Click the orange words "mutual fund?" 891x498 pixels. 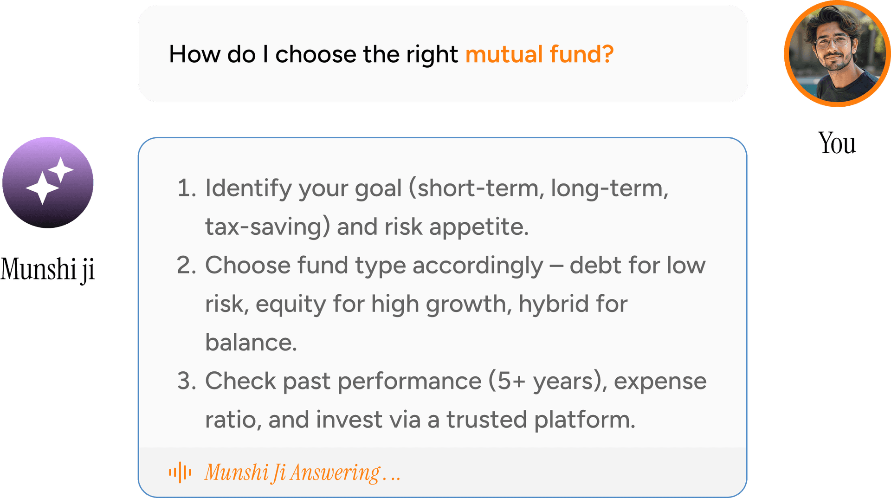[539, 54]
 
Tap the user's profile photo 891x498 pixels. [837, 54]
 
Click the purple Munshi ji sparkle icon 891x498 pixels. [48, 182]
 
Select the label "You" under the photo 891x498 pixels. [837, 143]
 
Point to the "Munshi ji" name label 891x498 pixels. [48, 269]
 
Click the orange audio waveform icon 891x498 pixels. [180, 472]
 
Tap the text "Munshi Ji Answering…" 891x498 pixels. [303, 473]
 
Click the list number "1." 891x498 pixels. [187, 188]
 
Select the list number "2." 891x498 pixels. [187, 265]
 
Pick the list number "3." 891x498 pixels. [187, 381]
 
